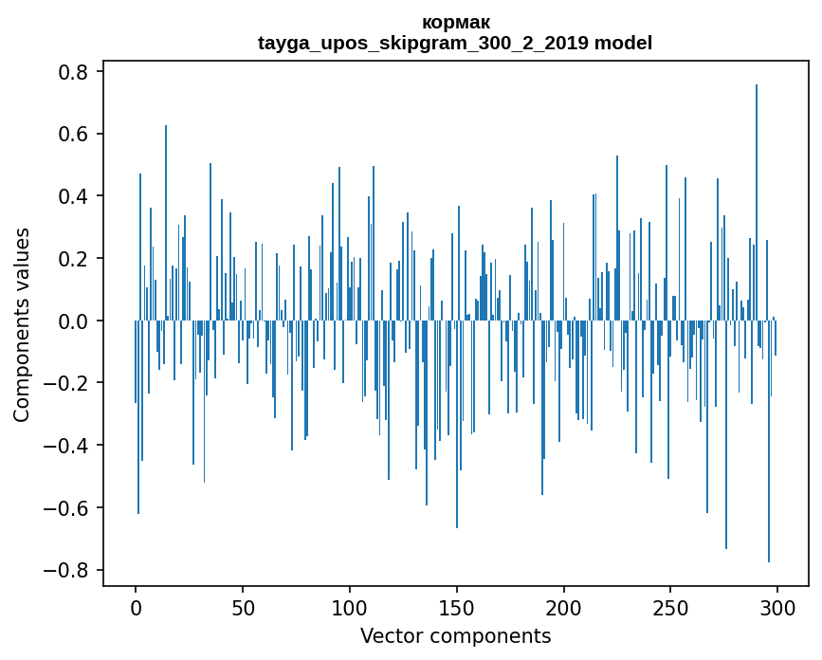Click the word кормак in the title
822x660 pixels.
(454, 22)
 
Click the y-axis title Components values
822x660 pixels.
(22, 324)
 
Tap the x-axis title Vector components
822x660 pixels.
(455, 635)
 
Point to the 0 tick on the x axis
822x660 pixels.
(136, 606)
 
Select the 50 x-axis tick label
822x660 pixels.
(243, 606)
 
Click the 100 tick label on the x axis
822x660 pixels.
(350, 606)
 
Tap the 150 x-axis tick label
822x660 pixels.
(457, 606)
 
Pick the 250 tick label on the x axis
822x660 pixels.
(670, 606)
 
